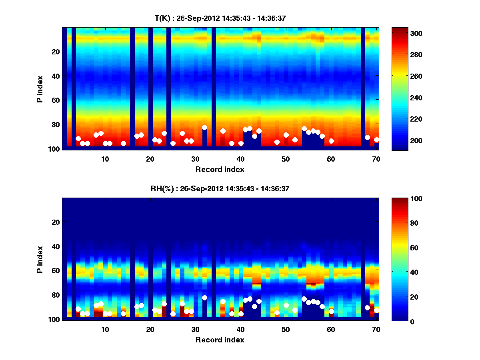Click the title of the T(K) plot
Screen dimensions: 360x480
(220, 18)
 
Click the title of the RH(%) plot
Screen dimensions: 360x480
(220, 188)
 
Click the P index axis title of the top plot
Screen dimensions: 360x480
(40, 88)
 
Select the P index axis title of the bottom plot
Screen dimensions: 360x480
(40, 259)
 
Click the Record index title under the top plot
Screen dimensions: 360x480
(220, 169)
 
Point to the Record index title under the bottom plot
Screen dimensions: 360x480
(220, 340)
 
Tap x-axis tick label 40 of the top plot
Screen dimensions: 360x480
(240, 158)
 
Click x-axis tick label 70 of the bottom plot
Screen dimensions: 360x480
(376, 329)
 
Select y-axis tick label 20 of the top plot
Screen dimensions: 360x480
(55, 52)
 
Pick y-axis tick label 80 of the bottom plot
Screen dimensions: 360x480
(55, 295)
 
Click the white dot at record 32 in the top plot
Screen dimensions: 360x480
(204, 128)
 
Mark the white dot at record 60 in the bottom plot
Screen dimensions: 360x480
(331, 311)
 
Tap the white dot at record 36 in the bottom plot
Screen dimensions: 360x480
(223, 301)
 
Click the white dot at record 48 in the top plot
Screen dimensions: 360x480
(277, 142)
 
